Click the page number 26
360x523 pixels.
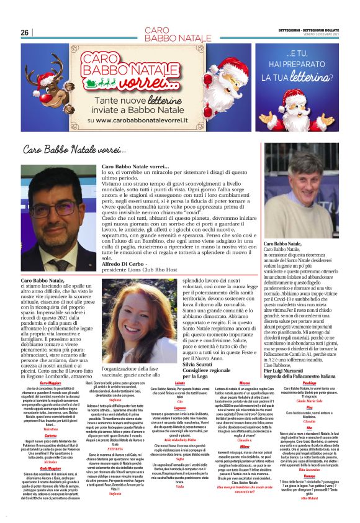[x=24, y=32]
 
